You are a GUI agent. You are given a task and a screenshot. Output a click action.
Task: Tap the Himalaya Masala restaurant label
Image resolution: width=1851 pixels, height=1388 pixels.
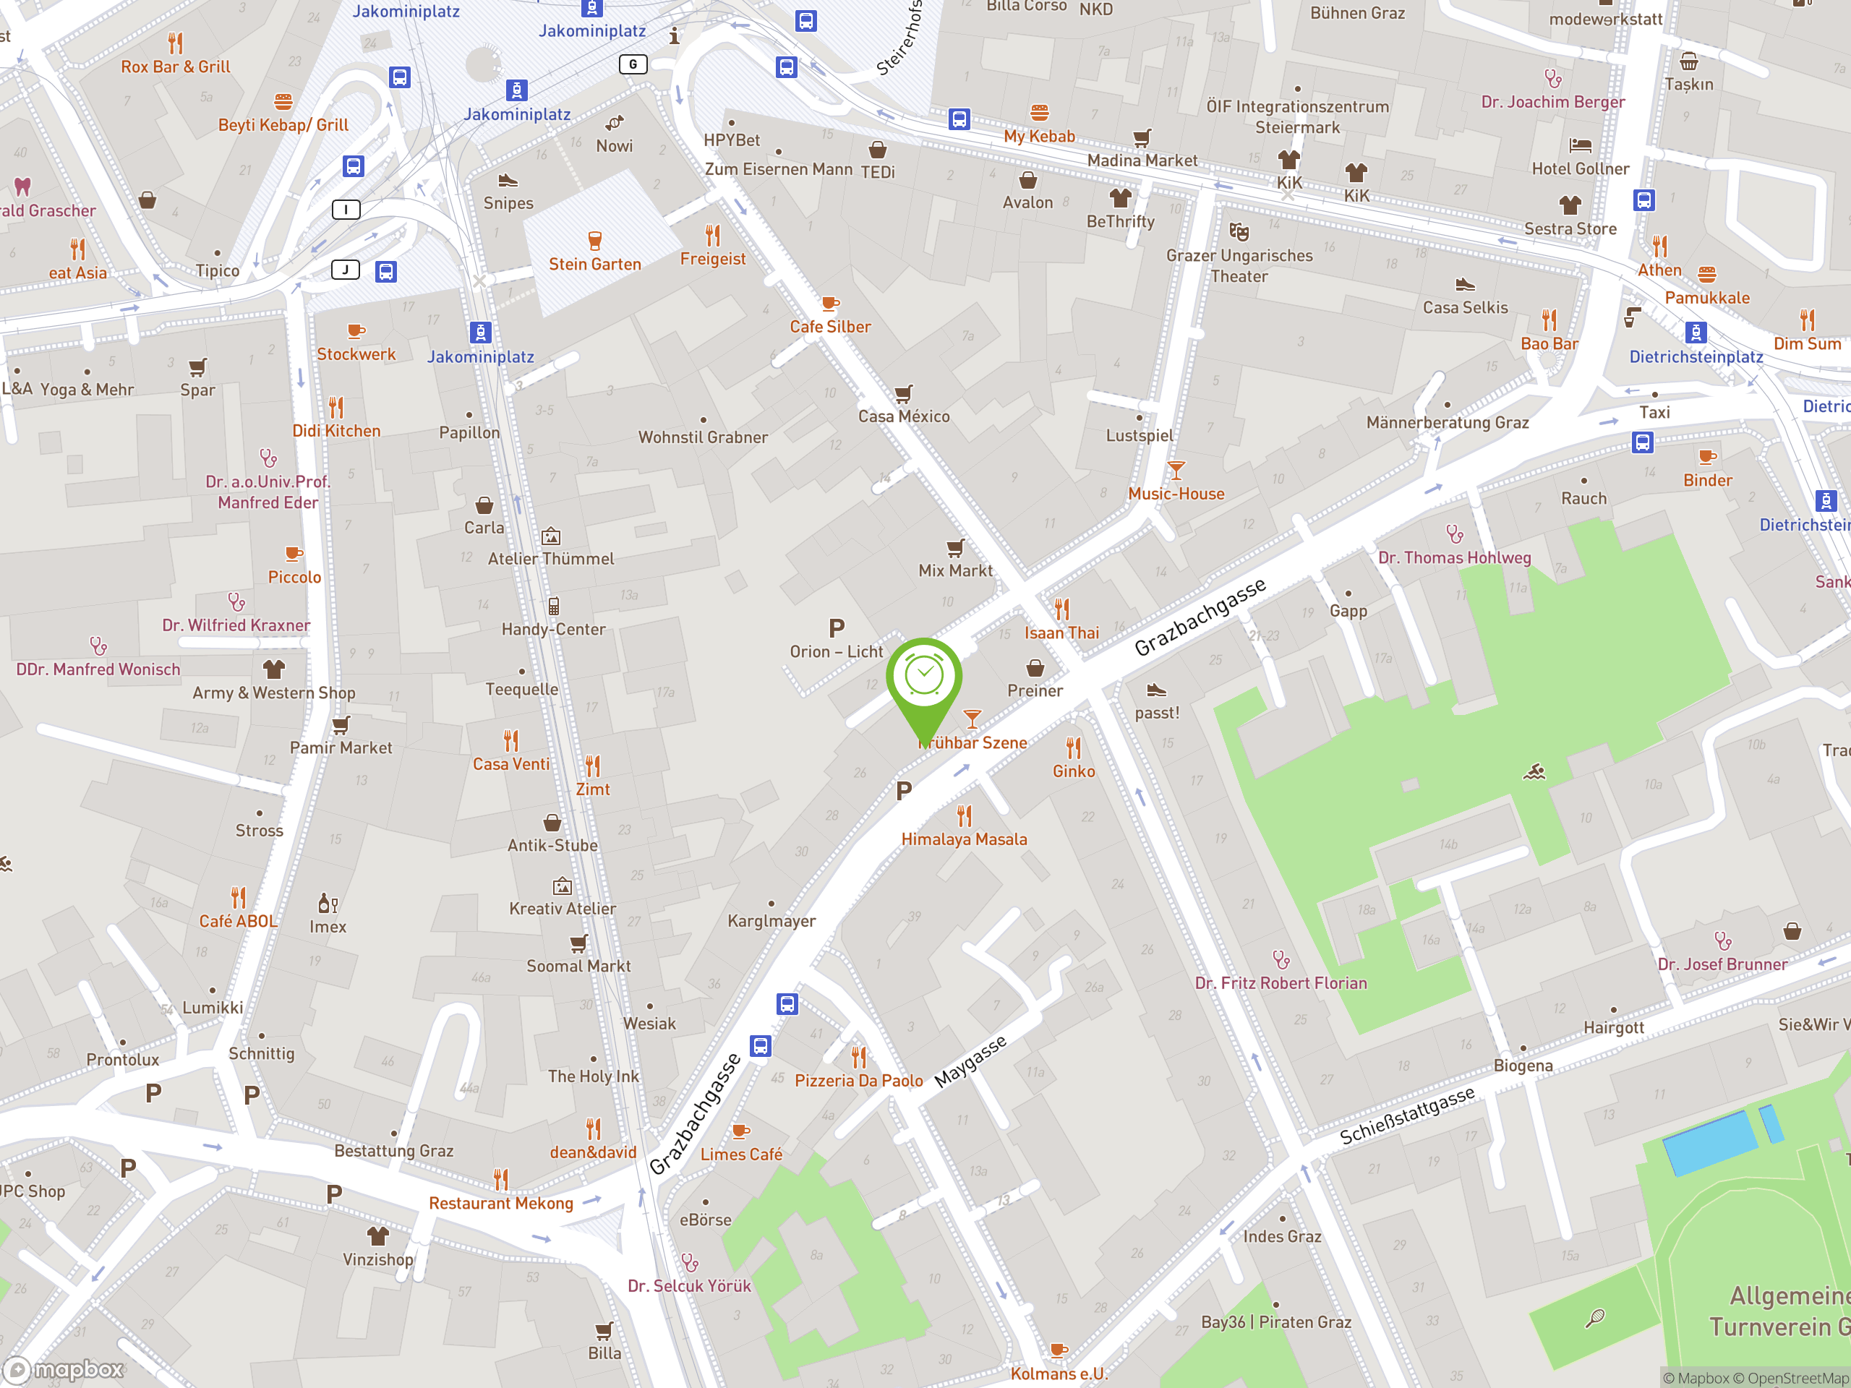964,839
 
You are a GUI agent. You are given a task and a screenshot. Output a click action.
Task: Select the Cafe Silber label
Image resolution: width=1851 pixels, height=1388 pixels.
830,327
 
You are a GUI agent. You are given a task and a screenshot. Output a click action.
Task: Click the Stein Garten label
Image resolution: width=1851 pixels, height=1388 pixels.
595,265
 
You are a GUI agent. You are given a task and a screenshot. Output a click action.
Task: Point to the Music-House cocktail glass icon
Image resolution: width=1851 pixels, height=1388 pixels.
1176,470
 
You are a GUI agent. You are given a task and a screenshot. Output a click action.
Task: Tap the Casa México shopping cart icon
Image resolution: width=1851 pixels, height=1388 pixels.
903,393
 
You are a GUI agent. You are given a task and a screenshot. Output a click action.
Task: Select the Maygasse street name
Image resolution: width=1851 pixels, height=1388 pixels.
970,1062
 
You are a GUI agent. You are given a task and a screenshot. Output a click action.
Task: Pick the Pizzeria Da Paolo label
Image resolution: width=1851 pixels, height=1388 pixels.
858,1081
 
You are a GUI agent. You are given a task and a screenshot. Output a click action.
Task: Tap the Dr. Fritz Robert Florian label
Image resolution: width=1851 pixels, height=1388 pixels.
1281,983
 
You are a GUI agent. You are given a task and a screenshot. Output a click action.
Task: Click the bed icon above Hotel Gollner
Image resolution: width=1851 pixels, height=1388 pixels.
1580,145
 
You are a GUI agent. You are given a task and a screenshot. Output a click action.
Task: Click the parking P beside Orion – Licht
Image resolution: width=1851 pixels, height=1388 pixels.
836,627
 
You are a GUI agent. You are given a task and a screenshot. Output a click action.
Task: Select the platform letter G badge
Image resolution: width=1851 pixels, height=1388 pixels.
633,64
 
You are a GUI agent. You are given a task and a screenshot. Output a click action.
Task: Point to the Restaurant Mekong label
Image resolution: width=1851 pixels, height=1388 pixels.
500,1203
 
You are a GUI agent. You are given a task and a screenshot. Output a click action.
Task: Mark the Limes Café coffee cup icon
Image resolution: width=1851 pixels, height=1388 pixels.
740,1131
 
